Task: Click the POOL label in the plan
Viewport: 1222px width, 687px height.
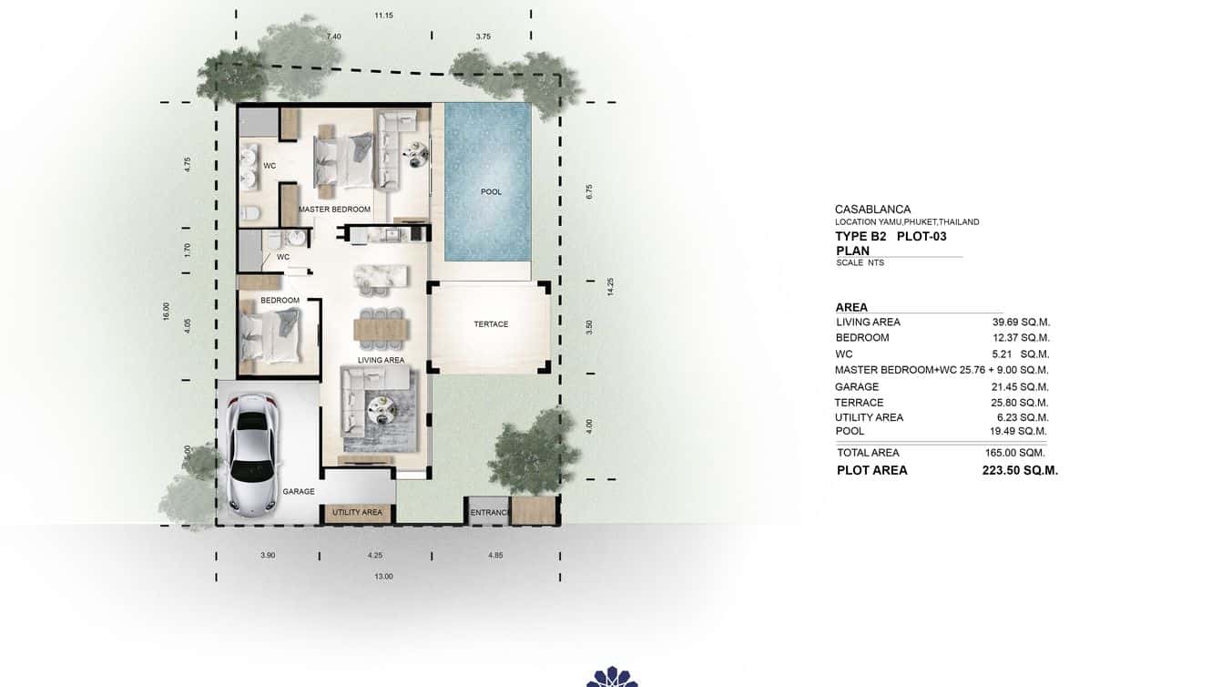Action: (491, 192)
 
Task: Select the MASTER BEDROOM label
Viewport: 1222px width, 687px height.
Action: (334, 210)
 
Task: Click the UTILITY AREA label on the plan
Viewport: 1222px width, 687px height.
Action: (357, 513)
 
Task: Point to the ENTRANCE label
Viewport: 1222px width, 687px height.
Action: (489, 513)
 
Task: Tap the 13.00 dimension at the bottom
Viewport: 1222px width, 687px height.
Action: (383, 576)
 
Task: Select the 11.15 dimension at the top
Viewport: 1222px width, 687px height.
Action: (383, 15)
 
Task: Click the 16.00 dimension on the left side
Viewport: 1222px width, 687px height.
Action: (167, 312)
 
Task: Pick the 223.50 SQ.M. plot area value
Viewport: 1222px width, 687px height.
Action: (1020, 471)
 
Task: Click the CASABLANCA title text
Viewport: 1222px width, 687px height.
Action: (872, 210)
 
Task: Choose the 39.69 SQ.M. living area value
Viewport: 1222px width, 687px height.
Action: (1021, 322)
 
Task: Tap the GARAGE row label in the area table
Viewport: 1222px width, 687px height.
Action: (857, 387)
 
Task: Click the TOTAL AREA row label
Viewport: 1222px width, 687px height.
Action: (868, 453)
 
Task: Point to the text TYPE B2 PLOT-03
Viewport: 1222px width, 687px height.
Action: (891, 237)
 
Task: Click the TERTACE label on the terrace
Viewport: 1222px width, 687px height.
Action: (491, 324)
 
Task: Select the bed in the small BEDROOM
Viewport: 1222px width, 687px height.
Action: (270, 335)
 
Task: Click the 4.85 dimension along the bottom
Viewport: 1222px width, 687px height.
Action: (494, 555)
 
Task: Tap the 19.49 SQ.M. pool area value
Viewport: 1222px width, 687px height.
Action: (1020, 431)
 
